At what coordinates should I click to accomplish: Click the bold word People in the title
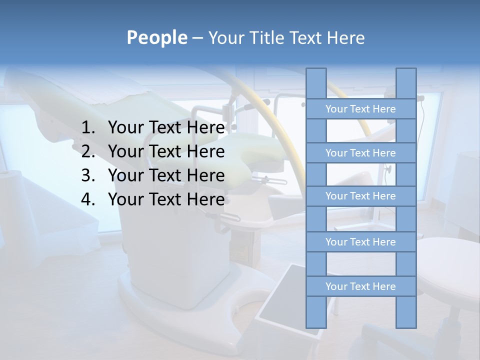click(x=156, y=37)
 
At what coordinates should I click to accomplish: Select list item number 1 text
click(x=166, y=127)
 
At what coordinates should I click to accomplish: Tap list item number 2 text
click(x=166, y=151)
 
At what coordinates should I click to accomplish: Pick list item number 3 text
click(x=166, y=175)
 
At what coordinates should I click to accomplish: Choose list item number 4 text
click(x=166, y=199)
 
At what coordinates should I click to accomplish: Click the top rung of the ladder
click(x=360, y=109)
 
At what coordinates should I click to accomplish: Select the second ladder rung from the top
click(x=360, y=153)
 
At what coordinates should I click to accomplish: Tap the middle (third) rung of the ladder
click(x=360, y=196)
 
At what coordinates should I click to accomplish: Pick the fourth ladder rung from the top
click(x=360, y=242)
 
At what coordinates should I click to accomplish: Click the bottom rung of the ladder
click(x=360, y=286)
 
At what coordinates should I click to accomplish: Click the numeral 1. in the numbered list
click(x=88, y=127)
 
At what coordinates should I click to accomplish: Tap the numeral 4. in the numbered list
click(x=88, y=199)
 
